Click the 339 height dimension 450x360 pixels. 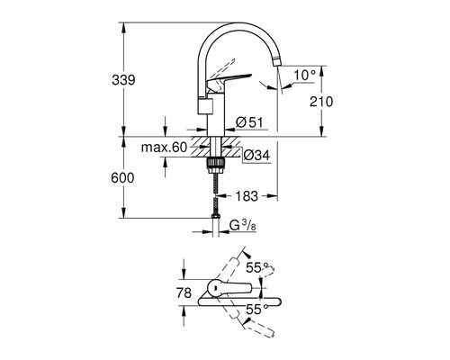[125, 81]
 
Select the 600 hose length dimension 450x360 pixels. [123, 178]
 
